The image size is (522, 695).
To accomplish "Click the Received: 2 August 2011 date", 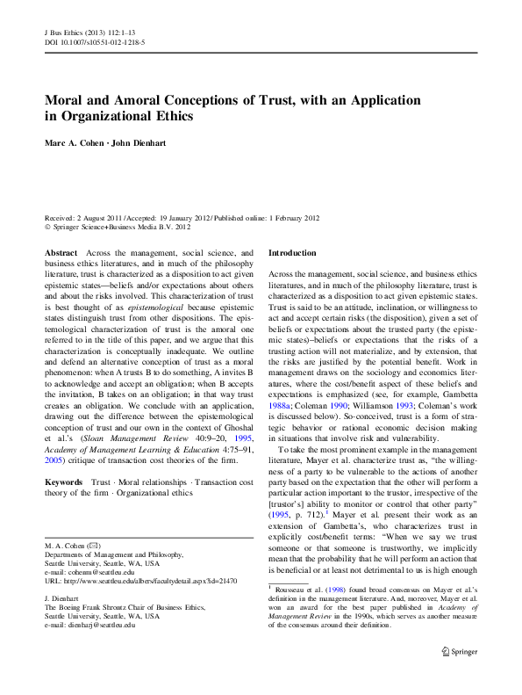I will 82,216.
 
